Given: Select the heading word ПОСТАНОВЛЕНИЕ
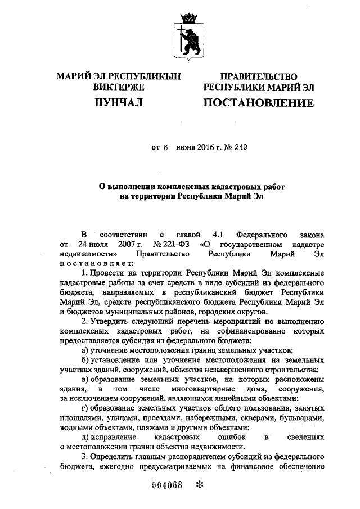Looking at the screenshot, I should pyautogui.click(x=258, y=103).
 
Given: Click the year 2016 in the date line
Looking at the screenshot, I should pyautogui.click(x=206, y=147).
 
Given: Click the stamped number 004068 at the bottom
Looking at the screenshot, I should pyautogui.click(x=169, y=487).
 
